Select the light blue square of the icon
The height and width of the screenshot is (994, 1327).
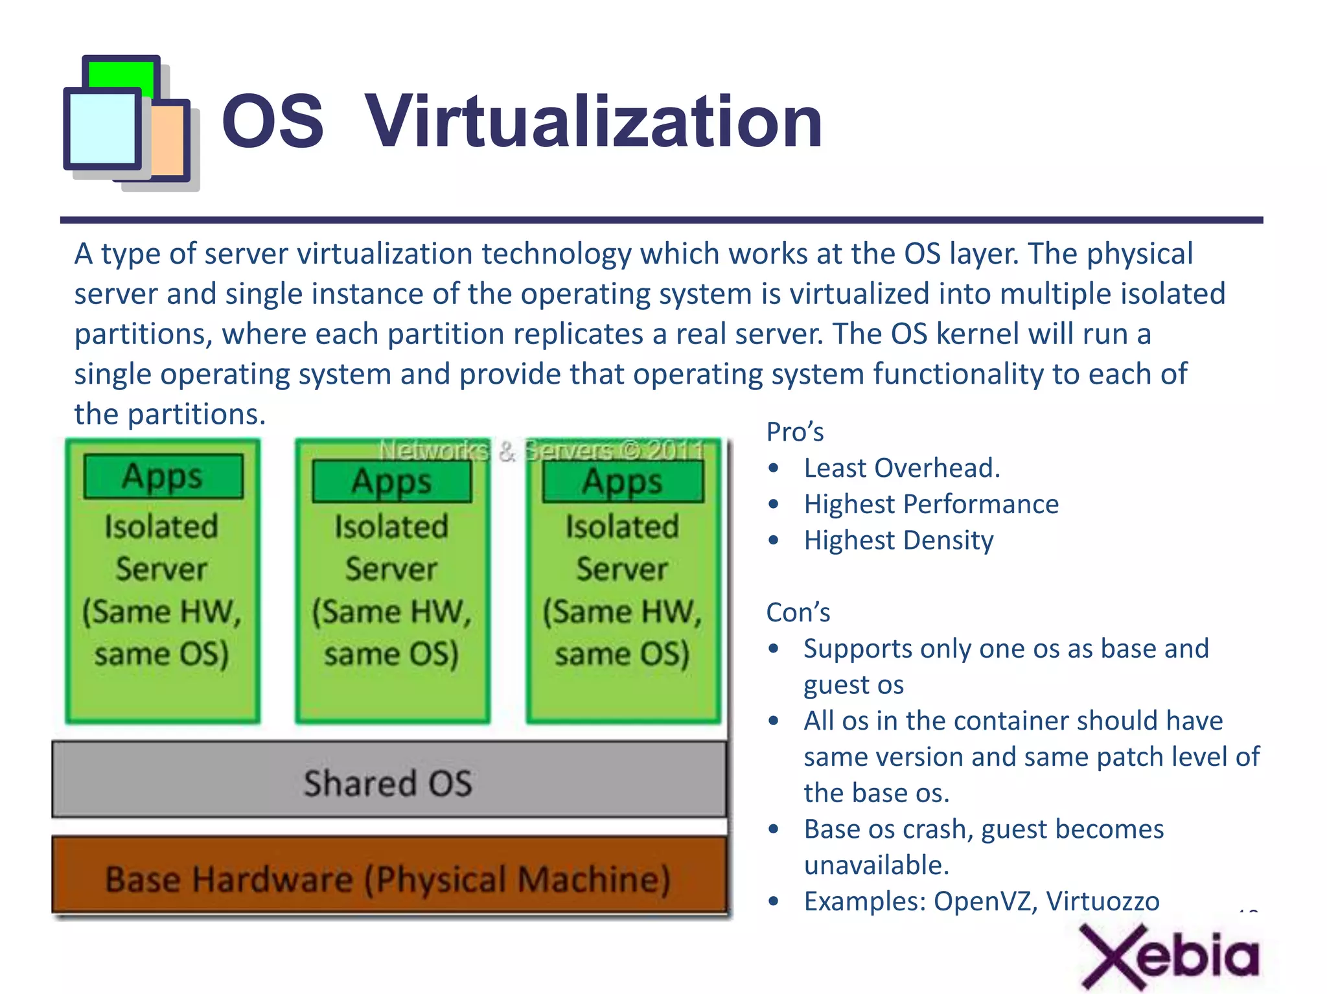(x=102, y=128)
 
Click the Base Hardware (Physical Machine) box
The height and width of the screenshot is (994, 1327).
(x=389, y=878)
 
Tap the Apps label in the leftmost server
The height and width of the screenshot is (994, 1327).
(x=163, y=477)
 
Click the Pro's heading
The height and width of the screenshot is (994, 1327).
(x=795, y=432)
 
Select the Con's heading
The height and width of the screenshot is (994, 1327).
(x=798, y=612)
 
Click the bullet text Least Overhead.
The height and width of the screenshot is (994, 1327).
(x=901, y=468)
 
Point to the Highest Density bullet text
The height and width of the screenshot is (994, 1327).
(x=898, y=540)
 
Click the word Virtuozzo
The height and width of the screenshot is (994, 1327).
(x=1103, y=901)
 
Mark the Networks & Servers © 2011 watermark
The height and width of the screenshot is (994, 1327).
(x=542, y=450)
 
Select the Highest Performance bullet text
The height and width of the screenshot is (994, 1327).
(x=930, y=504)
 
